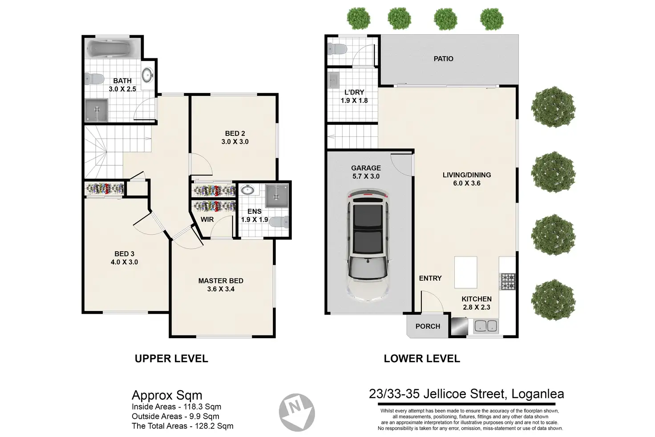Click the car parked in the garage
368,245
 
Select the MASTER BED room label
221,281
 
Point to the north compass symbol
297,412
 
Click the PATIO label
443,59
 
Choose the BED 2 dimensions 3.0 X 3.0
235,142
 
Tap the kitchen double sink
486,326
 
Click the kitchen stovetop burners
508,281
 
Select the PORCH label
428,326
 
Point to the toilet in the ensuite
279,222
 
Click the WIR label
207,219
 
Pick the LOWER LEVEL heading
422,358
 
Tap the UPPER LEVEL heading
171,358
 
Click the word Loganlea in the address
538,394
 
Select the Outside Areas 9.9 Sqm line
175,416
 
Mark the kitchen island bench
465,272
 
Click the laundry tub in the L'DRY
333,80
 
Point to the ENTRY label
430,278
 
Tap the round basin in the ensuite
248,190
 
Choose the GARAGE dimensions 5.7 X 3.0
366,176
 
